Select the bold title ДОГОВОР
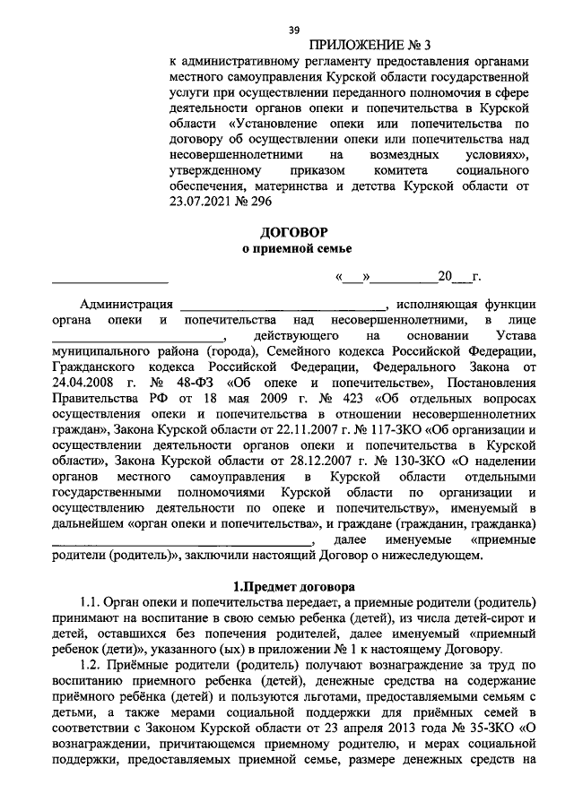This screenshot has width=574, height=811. pyautogui.click(x=292, y=230)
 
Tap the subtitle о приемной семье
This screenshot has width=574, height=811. pyautogui.click(x=292, y=248)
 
